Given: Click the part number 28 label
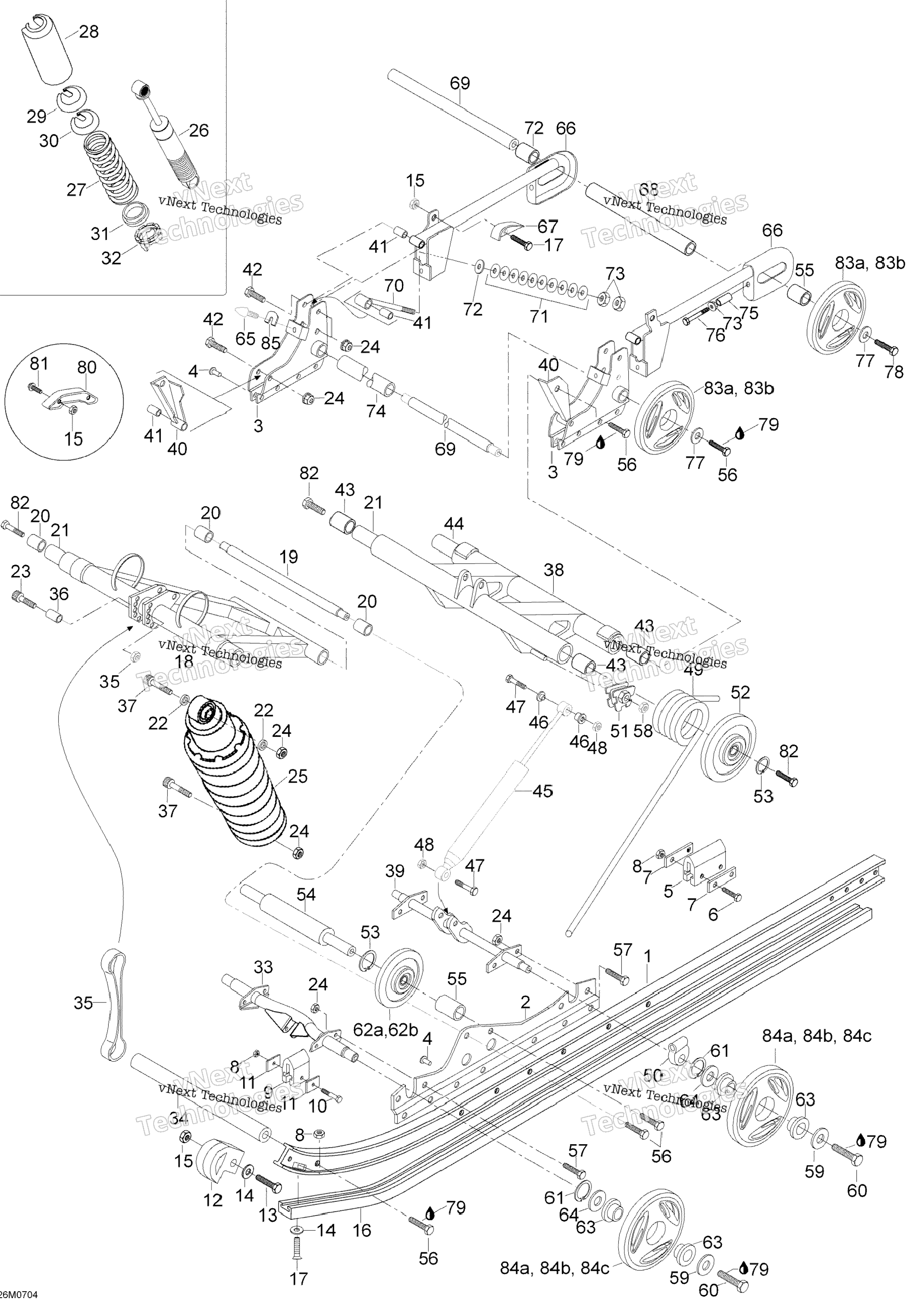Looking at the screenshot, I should (89, 32).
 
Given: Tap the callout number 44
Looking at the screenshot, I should (454, 523).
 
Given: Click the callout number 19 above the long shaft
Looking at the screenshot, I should (289, 556).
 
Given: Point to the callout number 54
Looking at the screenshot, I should (306, 894).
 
